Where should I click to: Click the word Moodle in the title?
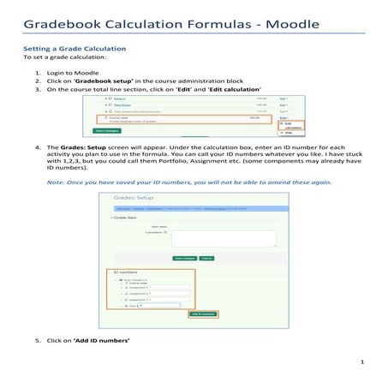(x=332, y=20)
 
